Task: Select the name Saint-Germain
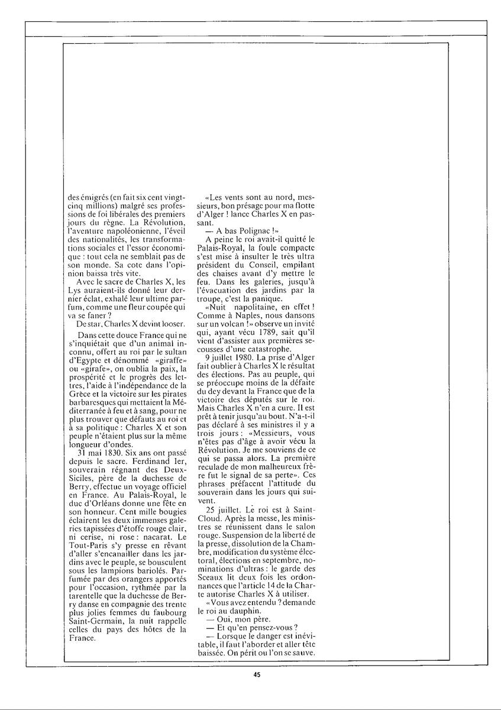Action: [98, 632]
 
